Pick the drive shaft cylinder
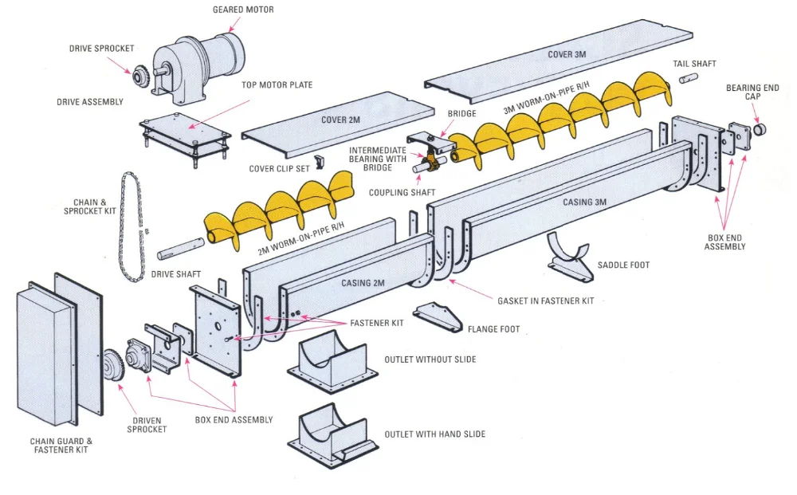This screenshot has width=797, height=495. (x=179, y=253)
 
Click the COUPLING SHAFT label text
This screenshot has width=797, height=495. (x=402, y=193)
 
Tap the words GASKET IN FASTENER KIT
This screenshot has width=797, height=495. (x=546, y=301)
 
